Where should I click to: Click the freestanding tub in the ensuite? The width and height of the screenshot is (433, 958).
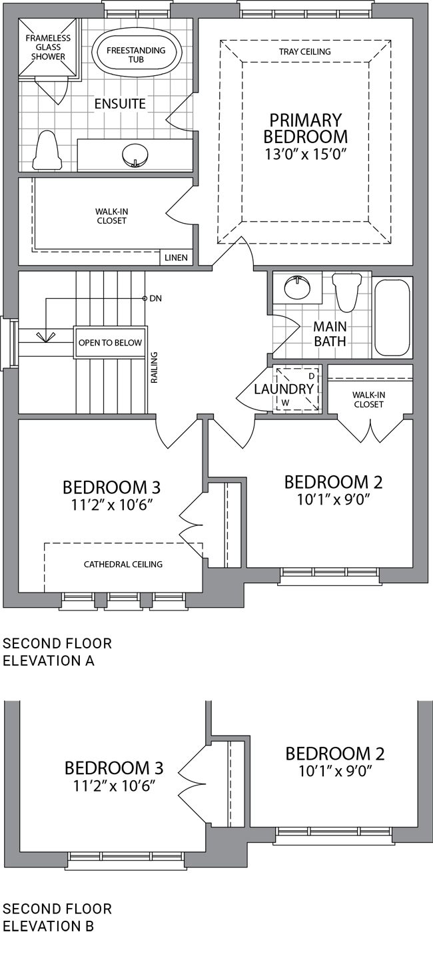coord(136,55)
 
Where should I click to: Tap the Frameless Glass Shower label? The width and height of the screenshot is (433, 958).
coord(48,47)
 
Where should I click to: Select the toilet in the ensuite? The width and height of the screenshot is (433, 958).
coord(47,150)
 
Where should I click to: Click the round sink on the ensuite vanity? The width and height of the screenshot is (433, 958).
coord(135,154)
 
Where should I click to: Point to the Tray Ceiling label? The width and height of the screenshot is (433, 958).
coord(305,52)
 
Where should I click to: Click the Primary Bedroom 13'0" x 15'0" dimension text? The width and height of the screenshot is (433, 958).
coord(305,154)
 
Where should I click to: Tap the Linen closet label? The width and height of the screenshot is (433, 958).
coord(177,258)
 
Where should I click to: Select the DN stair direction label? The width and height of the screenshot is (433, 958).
coord(156,298)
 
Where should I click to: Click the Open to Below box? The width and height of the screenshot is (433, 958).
coord(111,342)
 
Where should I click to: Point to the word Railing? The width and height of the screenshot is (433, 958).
coord(154,367)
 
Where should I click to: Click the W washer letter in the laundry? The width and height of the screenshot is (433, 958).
coord(285,403)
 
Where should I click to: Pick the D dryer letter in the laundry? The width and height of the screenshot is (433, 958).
coord(312,376)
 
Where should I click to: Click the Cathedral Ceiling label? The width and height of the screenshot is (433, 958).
coord(123,564)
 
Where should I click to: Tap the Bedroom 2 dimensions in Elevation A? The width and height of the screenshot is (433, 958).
coord(333,499)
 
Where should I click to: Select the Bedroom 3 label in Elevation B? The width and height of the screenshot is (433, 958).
coord(114,768)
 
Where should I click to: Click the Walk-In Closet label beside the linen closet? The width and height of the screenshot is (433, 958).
coord(111,216)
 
